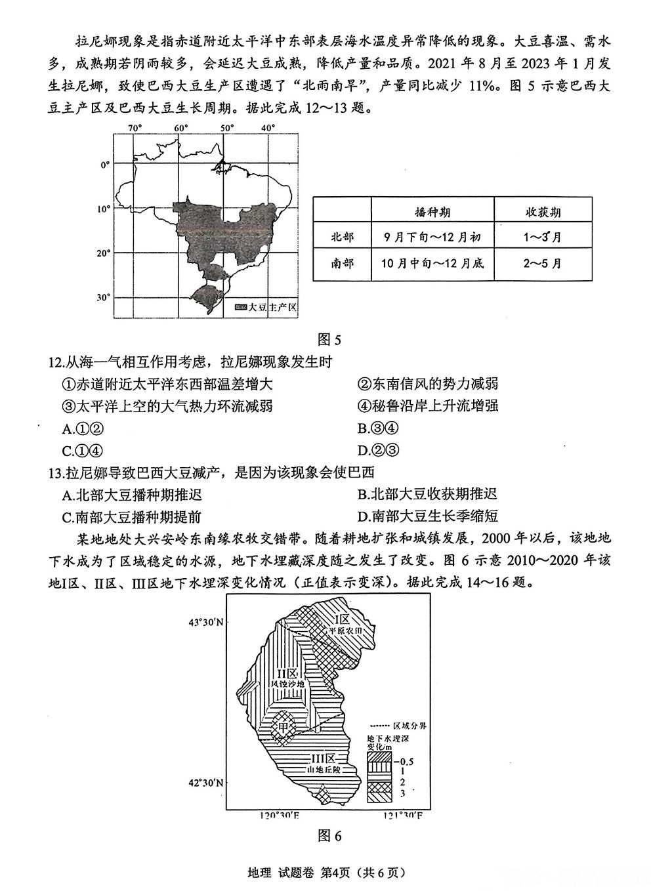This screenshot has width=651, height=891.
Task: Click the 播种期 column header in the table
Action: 432,213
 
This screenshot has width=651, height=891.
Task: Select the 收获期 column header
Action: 542,213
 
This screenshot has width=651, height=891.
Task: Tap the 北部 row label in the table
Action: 342,238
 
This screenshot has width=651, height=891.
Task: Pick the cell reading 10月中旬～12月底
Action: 432,263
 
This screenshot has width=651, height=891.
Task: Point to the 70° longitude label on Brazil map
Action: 135,127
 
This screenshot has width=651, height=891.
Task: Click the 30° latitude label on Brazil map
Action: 103,297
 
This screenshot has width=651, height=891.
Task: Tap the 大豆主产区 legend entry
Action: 266,306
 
